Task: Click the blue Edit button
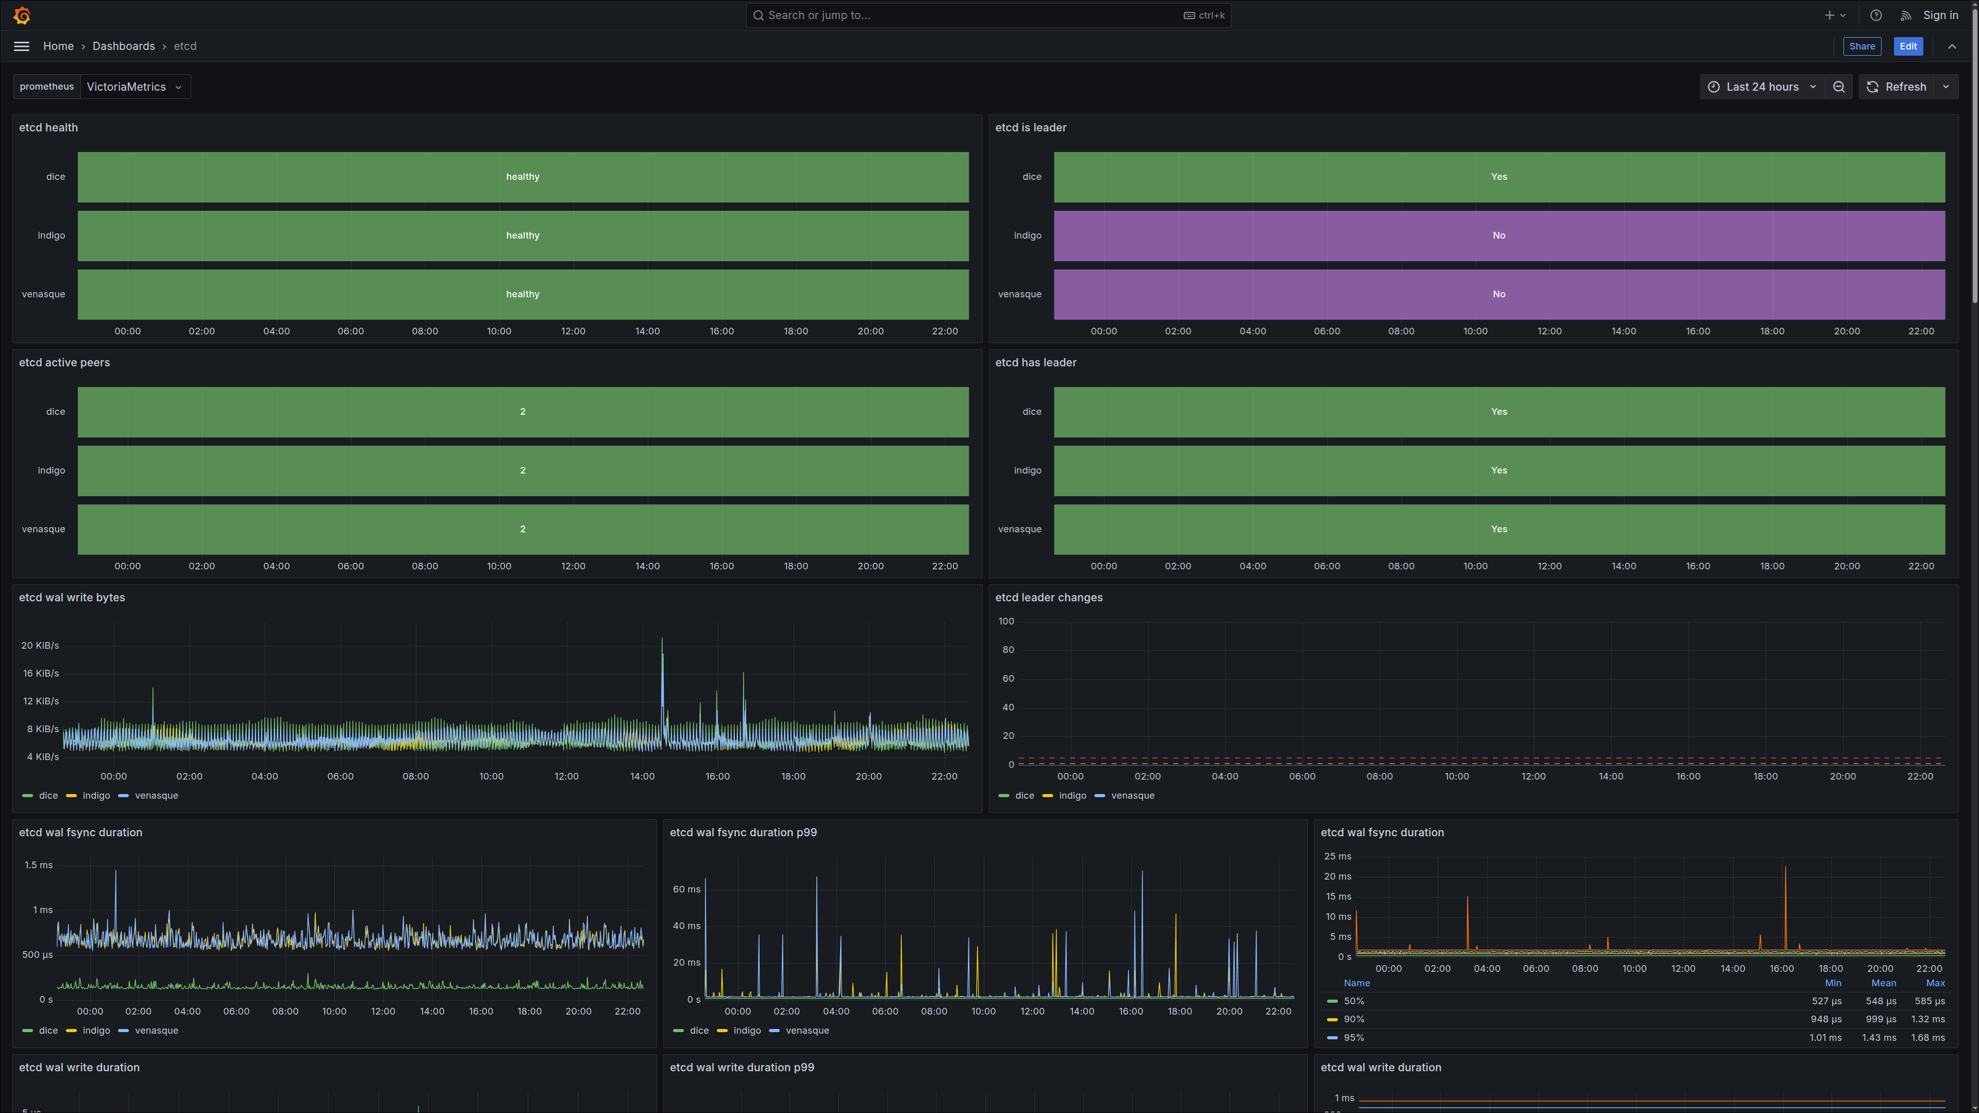pyautogui.click(x=1907, y=46)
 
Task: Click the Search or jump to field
pyautogui.click(x=988, y=15)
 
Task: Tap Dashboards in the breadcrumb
pyautogui.click(x=124, y=46)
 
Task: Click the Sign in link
pyautogui.click(x=1940, y=15)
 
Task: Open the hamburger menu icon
pyautogui.click(x=22, y=46)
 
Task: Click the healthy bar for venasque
pyautogui.click(x=523, y=294)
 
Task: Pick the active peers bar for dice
pyautogui.click(x=523, y=412)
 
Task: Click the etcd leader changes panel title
pyautogui.click(x=1049, y=598)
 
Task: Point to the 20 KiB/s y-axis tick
pyautogui.click(x=40, y=645)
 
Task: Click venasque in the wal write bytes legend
pyautogui.click(x=157, y=796)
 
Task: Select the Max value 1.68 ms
pyautogui.click(x=1927, y=1038)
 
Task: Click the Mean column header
pyautogui.click(x=1883, y=983)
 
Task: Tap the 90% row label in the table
pyautogui.click(x=1354, y=1019)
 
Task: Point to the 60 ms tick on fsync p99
pyautogui.click(x=686, y=889)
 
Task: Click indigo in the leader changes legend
pyautogui.click(x=1072, y=796)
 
